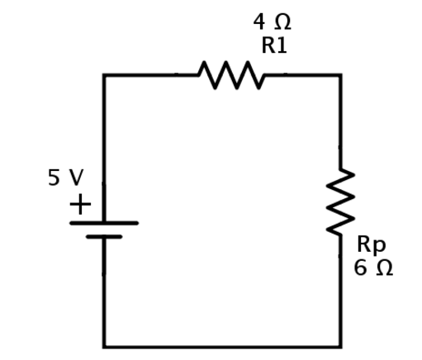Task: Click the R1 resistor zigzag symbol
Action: [231, 75]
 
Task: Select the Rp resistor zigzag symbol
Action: [340, 201]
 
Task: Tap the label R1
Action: [274, 45]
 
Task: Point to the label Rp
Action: [371, 244]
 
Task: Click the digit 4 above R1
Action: [259, 22]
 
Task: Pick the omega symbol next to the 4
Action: [282, 22]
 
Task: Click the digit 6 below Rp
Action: [360, 268]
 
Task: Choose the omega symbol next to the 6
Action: [384, 268]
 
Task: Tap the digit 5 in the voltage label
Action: [54, 178]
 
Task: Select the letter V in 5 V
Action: [76, 178]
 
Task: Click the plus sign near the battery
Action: [80, 204]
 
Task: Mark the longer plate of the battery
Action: [104, 223]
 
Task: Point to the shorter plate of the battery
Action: [104, 237]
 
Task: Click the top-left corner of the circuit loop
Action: [104, 75]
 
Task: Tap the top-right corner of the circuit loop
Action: [340, 75]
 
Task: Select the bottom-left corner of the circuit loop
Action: [104, 347]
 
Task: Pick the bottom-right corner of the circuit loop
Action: [340, 347]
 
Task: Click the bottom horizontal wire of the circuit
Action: [222, 347]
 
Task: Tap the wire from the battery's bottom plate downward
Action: [104, 291]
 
